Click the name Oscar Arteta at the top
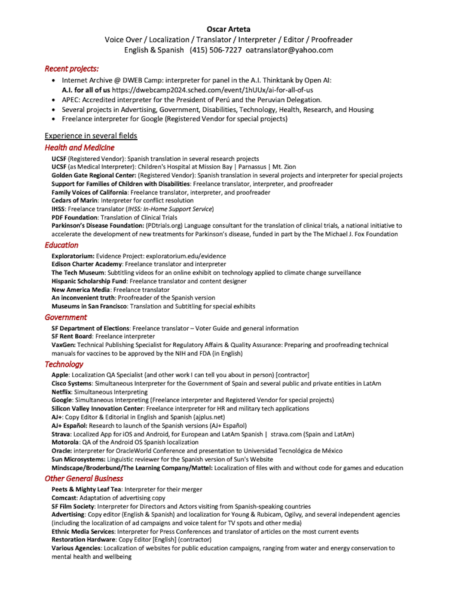pos(228,29)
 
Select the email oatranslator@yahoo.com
pos(289,50)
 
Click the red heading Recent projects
pos(71,68)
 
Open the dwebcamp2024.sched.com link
pos(212,90)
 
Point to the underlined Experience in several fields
pos(91,136)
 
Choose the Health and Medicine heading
pos(79,147)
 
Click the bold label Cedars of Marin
pos(74,200)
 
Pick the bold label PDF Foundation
pos(74,218)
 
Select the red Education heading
pos(62,245)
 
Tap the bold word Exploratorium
pos(72,256)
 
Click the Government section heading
pos(65,317)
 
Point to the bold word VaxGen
pos(63,345)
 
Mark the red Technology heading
pos(64,364)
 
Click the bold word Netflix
pos(61,392)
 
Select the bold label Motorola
pos(65,442)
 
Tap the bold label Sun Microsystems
pos(78,459)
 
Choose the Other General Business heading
pos(84,479)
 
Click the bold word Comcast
pos(64,498)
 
